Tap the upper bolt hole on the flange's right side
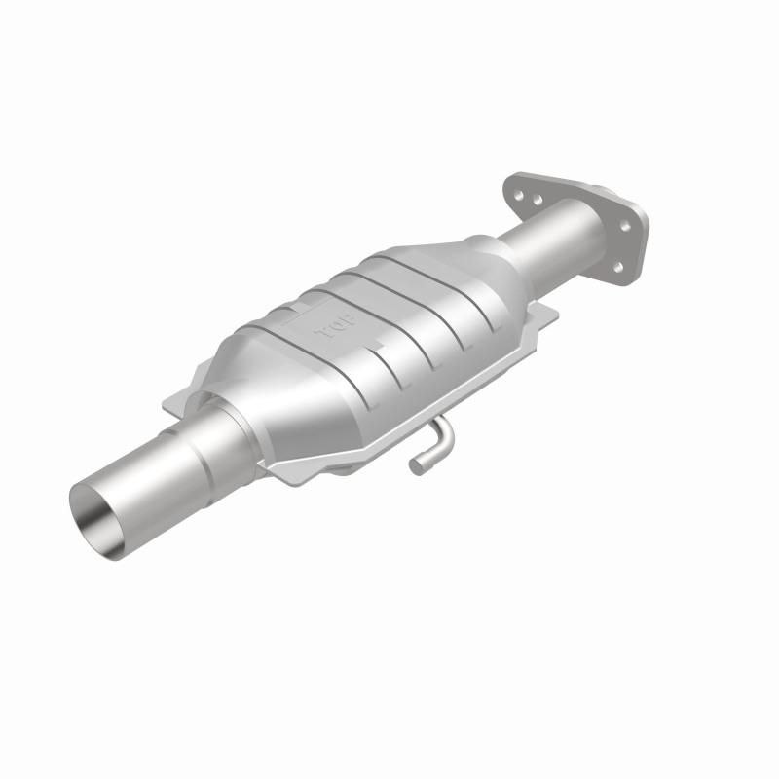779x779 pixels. click(624, 225)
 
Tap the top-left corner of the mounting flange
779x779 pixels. click(512, 177)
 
